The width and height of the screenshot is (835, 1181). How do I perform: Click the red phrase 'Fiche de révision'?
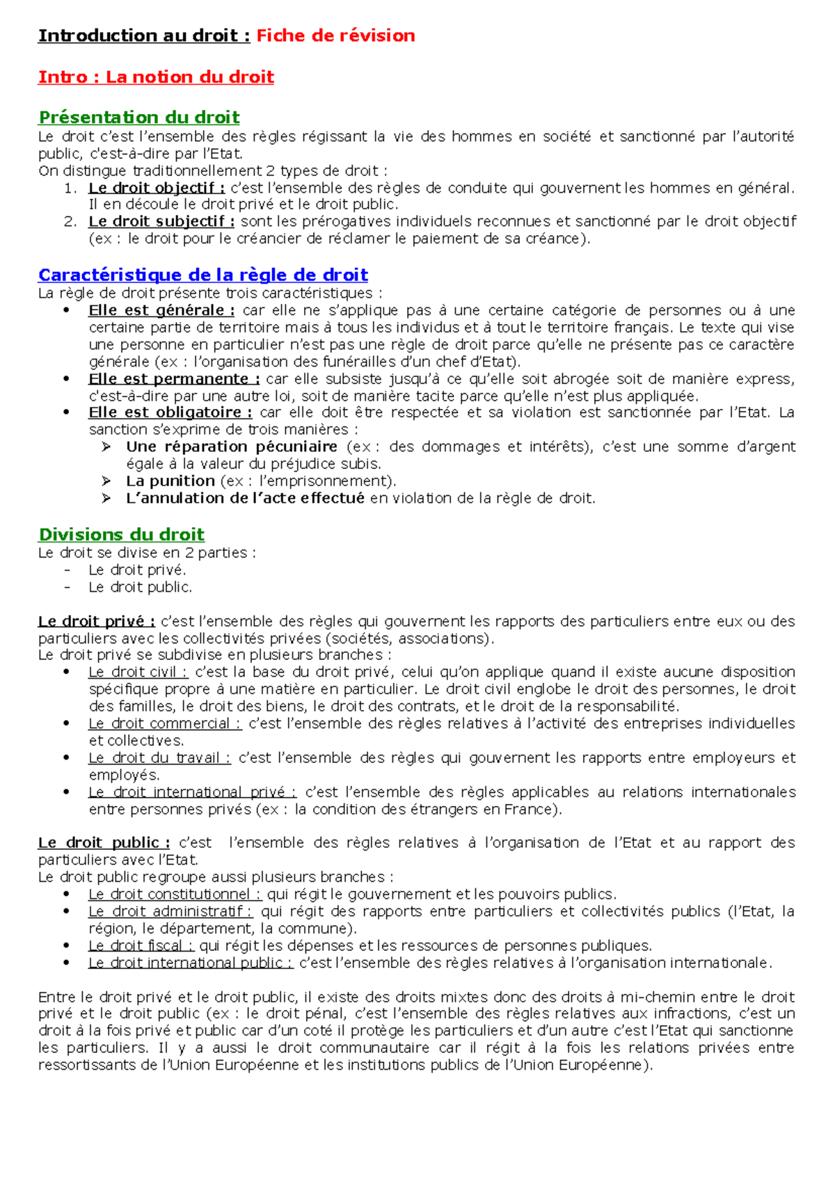[x=335, y=35]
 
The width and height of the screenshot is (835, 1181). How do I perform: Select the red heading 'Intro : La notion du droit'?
[x=156, y=77]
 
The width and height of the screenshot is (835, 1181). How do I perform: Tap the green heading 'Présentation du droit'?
[x=139, y=117]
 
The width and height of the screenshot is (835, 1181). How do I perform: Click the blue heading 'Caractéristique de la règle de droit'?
[x=203, y=275]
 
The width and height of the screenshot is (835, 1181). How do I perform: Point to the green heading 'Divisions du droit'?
[x=122, y=535]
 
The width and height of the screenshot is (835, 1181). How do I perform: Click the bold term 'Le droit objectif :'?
[x=157, y=188]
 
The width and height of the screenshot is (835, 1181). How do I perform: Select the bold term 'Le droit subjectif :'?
[x=161, y=222]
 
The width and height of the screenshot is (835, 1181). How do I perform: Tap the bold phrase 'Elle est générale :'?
[x=161, y=310]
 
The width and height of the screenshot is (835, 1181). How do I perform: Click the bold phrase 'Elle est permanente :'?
[x=174, y=379]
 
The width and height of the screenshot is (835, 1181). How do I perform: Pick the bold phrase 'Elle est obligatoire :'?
[x=170, y=412]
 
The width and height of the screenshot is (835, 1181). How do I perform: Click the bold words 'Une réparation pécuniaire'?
[x=232, y=447]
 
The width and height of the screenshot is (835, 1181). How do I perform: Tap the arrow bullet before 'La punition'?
[x=106, y=481]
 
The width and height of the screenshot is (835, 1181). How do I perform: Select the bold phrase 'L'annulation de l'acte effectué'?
[x=245, y=498]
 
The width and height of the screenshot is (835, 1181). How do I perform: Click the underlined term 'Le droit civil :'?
[x=138, y=673]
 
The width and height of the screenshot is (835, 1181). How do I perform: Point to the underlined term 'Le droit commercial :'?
[x=165, y=724]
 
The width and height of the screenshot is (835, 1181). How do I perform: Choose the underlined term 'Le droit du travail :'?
[x=159, y=758]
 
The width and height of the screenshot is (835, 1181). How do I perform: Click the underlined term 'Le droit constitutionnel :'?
[x=175, y=894]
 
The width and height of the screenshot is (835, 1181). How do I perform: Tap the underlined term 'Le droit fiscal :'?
[x=141, y=946]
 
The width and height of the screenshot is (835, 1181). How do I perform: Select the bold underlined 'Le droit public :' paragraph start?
[x=104, y=843]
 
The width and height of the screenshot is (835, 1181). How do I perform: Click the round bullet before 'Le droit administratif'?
[x=67, y=911]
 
